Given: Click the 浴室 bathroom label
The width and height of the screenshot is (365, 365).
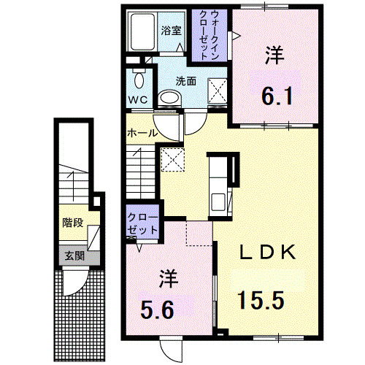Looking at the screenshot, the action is [172, 31].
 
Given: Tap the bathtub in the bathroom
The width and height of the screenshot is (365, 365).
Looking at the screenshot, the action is [142, 31].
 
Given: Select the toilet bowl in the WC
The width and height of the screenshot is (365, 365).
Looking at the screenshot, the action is [139, 80].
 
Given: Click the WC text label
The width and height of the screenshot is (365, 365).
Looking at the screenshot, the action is [138, 99].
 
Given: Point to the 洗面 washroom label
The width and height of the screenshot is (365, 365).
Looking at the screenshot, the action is [186, 81].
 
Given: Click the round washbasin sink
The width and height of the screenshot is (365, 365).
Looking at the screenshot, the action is [170, 99].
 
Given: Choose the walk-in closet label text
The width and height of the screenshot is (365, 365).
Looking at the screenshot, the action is [210, 35].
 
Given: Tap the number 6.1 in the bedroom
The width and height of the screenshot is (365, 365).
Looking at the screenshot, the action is [277, 96].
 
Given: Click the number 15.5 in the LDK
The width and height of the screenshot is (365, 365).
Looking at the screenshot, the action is [261, 300].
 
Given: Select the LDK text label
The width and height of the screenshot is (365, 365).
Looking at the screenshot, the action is [268, 253].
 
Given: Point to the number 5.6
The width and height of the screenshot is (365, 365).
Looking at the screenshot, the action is [157, 310].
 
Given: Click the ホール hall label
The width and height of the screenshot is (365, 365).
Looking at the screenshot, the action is [142, 133].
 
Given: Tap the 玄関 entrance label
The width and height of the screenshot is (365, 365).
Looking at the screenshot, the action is [74, 256].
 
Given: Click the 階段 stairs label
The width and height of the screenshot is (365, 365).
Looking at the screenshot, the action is [73, 223].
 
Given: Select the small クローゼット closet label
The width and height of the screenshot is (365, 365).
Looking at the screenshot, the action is [142, 223].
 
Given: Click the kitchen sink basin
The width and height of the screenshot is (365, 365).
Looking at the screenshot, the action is [218, 202].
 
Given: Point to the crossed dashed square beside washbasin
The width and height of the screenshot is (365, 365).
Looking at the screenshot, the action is [218, 91].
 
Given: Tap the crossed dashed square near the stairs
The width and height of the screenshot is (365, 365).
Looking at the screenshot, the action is [173, 159].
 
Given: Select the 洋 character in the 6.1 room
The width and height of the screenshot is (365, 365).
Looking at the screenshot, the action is [274, 55].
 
